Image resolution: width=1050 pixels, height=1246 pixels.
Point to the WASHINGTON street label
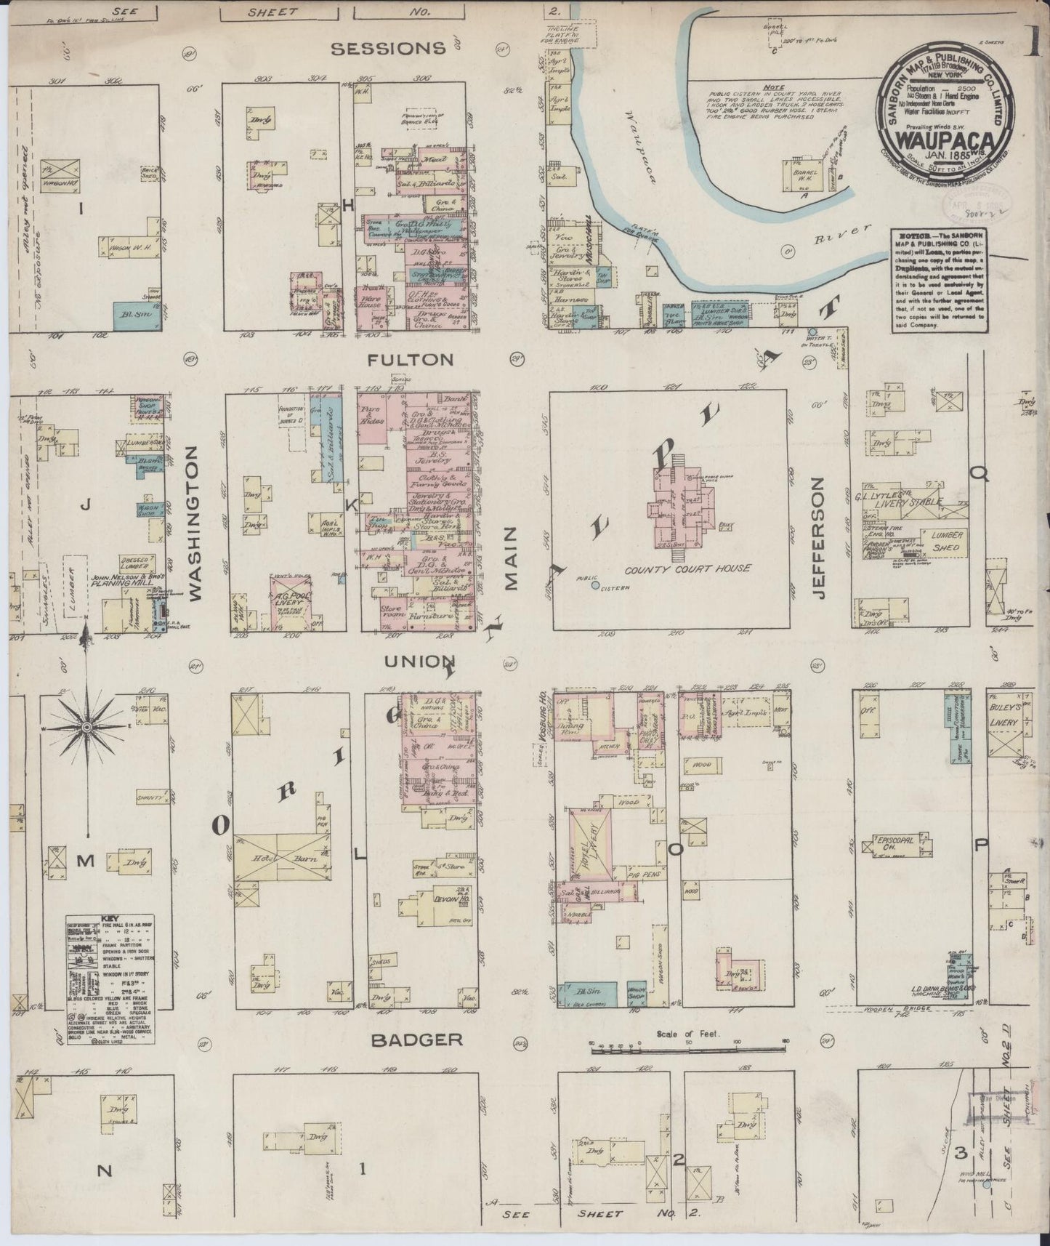coord(194,523)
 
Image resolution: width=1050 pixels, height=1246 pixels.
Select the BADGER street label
coord(416,1040)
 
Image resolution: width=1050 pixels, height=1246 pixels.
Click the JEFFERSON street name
coord(820,537)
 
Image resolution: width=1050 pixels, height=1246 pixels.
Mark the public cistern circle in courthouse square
coord(595,584)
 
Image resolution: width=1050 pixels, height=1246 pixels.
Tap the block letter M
coord(86,861)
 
